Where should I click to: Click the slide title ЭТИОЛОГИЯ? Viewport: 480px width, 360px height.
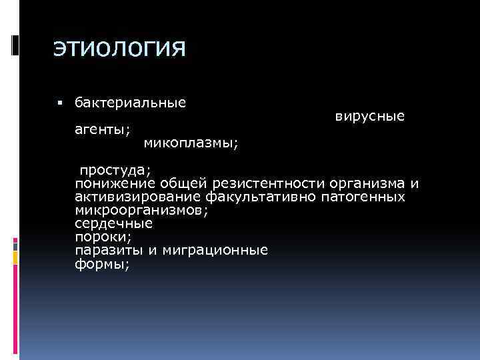click(x=119, y=49)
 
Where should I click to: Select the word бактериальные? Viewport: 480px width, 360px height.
click(x=130, y=103)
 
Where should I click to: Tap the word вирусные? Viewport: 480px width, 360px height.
click(x=369, y=116)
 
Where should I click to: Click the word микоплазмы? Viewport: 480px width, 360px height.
click(x=192, y=142)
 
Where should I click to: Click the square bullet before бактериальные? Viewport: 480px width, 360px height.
click(x=59, y=103)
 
